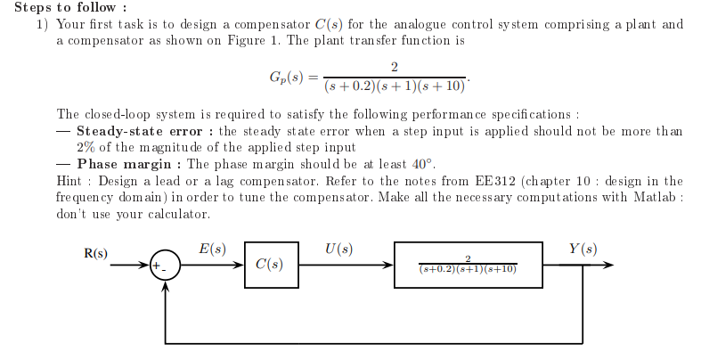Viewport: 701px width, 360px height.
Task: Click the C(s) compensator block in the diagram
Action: tap(269, 265)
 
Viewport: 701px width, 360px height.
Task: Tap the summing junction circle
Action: tap(166, 265)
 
